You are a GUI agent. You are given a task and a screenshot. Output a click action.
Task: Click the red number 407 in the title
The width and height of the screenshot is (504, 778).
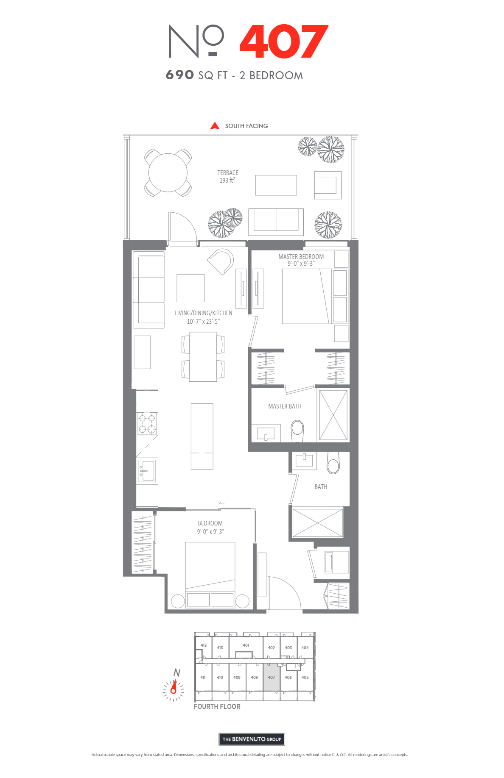click(x=284, y=41)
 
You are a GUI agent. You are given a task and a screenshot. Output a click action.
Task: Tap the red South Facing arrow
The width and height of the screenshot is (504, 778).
click(x=215, y=126)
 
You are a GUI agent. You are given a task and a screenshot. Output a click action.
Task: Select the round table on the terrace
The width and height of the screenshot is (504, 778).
click(x=168, y=172)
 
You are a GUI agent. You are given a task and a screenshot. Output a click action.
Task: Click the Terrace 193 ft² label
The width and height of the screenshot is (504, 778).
click(x=228, y=176)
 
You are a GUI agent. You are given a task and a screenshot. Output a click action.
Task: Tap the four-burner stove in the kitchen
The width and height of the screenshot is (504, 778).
click(x=147, y=423)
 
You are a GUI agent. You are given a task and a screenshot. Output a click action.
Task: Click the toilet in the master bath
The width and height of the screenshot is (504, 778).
click(x=297, y=430)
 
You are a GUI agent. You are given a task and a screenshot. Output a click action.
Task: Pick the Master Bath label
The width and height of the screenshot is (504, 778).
click(x=285, y=406)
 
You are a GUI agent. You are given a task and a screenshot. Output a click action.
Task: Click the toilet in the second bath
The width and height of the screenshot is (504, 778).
click(x=333, y=463)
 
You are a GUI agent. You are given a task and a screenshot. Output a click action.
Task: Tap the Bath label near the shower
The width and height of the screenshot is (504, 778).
click(x=321, y=487)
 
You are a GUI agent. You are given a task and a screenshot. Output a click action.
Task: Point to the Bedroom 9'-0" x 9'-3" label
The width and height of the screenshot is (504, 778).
click(x=210, y=527)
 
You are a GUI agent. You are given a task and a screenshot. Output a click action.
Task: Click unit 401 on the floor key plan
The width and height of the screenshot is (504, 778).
click(x=246, y=645)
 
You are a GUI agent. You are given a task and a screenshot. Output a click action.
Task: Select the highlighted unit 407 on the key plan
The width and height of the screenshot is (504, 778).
click(x=272, y=677)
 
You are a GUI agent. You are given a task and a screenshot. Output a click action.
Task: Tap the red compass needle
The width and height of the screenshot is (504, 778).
click(x=174, y=687)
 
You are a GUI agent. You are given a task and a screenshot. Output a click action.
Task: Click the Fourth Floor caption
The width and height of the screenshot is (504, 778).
click(x=217, y=706)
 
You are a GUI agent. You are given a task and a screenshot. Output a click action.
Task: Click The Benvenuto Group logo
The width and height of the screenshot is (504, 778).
click(x=252, y=739)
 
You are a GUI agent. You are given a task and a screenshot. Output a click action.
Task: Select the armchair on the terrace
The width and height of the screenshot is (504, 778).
click(x=328, y=185)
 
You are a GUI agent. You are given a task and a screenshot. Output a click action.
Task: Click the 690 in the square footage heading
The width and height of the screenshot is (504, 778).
click(x=180, y=75)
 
